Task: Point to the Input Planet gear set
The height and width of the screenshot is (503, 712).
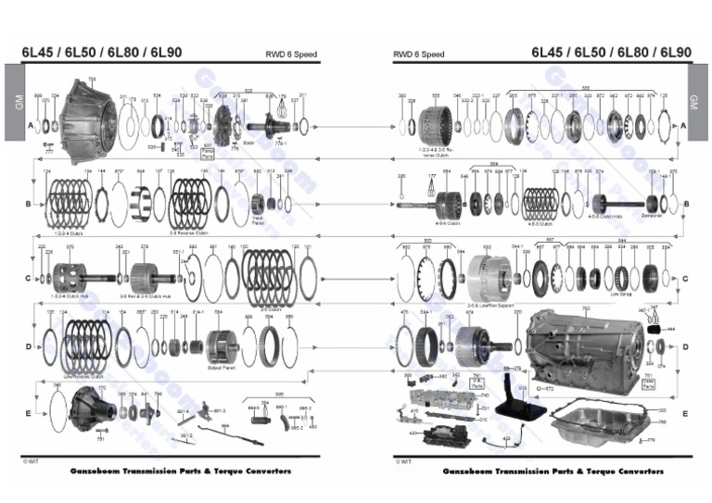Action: coord(259,203)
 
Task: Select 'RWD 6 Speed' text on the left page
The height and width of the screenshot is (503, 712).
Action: coord(290,55)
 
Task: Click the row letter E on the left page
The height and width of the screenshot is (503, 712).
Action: coord(28,413)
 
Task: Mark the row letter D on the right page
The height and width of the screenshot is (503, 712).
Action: coord(684,346)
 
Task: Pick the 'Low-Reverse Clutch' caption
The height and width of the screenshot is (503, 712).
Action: coord(83,377)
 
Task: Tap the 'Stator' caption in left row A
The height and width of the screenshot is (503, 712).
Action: coord(248,143)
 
